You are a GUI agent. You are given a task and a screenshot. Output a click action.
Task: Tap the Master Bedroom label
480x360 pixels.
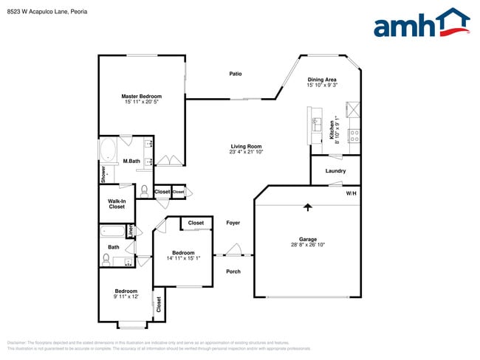click(x=142, y=96)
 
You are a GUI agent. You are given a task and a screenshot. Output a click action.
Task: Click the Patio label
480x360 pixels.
click(x=236, y=74)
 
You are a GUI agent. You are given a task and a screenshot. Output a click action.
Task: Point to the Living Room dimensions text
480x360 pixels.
click(x=247, y=152)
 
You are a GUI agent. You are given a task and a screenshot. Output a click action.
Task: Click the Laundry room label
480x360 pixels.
click(x=335, y=171)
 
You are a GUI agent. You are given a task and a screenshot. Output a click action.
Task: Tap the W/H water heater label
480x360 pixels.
click(x=351, y=193)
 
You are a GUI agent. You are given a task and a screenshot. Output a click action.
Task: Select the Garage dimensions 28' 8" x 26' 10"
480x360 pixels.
click(x=308, y=245)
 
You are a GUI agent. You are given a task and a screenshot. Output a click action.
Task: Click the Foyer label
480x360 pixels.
click(x=233, y=222)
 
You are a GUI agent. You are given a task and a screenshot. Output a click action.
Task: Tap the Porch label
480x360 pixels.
click(x=233, y=271)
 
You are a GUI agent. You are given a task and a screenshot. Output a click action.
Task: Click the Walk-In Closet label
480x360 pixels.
click(x=117, y=204)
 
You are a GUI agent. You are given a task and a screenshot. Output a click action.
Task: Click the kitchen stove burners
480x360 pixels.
click(x=354, y=135)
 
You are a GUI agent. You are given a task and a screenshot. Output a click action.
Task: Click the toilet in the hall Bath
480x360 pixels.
click(x=106, y=259)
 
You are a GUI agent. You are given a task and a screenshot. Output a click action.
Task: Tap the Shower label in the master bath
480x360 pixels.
click(x=104, y=174)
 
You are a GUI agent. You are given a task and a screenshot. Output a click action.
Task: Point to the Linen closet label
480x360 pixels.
click(x=131, y=232)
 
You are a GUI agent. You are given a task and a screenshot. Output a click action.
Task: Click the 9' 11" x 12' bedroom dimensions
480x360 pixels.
click(x=127, y=297)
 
